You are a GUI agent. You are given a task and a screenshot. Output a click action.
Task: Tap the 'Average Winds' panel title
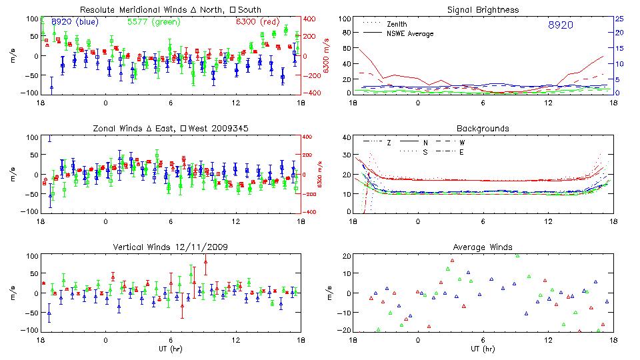tap(485, 247)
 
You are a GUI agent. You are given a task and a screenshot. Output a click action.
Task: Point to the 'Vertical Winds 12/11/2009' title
tap(171, 247)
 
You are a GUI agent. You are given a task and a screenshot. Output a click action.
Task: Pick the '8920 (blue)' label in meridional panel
tap(73, 22)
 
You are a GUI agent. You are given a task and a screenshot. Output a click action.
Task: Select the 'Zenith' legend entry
tap(397, 24)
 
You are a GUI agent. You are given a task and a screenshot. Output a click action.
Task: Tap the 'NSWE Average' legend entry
tap(409, 33)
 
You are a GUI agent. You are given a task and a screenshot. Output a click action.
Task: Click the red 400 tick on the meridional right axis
tap(311, 19)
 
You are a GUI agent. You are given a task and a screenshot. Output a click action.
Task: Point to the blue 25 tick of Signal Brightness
tap(619, 19)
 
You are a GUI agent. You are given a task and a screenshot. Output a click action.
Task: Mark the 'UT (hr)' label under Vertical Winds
tap(171, 349)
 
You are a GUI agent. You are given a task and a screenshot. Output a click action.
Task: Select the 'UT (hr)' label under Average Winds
tap(482, 349)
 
